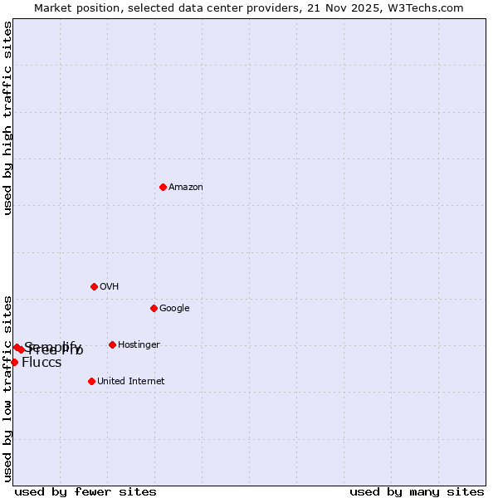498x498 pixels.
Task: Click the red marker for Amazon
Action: click(x=163, y=187)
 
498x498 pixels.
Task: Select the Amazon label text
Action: click(x=186, y=188)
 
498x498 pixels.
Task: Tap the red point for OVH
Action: click(x=94, y=286)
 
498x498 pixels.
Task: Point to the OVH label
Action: click(x=109, y=287)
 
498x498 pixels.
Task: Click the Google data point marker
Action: click(x=154, y=308)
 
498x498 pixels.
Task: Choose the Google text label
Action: click(x=174, y=309)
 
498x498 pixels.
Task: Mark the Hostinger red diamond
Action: click(x=112, y=344)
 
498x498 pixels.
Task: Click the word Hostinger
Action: click(x=139, y=345)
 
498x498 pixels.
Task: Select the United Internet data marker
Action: click(x=91, y=381)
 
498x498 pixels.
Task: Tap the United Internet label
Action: click(x=130, y=382)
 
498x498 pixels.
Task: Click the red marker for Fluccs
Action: click(x=14, y=362)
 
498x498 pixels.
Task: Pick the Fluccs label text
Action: click(x=41, y=363)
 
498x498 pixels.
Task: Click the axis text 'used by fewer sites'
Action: click(x=85, y=492)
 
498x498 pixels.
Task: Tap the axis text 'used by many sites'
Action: click(x=417, y=492)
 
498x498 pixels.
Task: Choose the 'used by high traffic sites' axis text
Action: click(x=7, y=118)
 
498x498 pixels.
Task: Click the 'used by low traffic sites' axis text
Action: click(x=7, y=388)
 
